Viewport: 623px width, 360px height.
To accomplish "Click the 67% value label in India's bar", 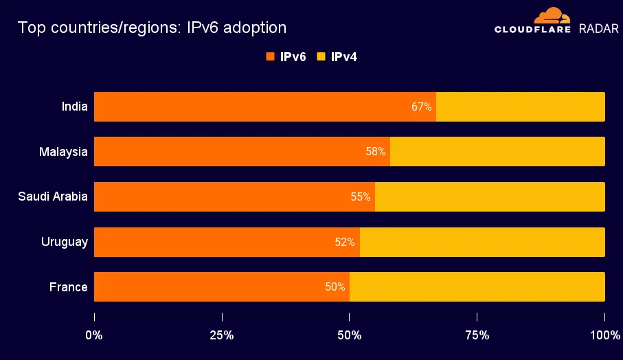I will (x=422, y=107).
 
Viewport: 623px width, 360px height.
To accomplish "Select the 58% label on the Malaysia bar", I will (x=376, y=152).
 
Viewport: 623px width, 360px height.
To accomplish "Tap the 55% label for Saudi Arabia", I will (x=361, y=196).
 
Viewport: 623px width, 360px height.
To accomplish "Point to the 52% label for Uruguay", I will (x=345, y=242).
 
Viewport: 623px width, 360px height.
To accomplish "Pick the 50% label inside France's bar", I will (x=335, y=287).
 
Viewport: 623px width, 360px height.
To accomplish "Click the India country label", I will (x=74, y=106).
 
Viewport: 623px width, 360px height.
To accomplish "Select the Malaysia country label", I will (x=63, y=152).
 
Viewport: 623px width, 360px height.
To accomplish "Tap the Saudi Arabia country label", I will (x=53, y=196).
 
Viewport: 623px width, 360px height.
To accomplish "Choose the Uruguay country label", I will (x=65, y=242).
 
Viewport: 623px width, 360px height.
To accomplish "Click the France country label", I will (x=69, y=287).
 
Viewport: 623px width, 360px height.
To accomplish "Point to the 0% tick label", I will (x=94, y=335).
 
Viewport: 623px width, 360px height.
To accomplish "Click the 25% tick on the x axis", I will (x=222, y=335).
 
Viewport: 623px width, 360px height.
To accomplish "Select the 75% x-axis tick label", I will (x=477, y=335).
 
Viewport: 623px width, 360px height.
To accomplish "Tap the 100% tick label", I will (x=604, y=335).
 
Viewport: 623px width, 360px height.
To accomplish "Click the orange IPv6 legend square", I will (x=270, y=57).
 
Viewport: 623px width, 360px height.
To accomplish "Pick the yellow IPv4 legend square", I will (x=321, y=57).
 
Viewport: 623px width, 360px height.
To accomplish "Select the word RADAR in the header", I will (x=599, y=29).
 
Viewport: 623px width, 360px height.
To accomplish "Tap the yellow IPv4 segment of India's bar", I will (x=521, y=107).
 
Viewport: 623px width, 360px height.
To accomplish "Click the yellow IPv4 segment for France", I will (x=477, y=287).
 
